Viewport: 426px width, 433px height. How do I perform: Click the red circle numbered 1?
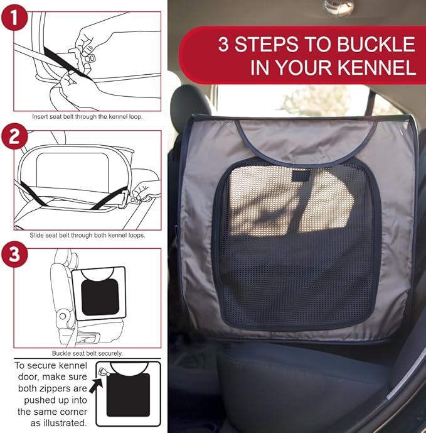[14, 17]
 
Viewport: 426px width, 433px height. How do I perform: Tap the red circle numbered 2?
[14, 136]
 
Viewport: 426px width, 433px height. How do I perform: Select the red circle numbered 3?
[14, 255]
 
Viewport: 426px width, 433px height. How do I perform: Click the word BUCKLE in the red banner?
[376, 45]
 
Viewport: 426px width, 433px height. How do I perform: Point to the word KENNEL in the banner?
[376, 68]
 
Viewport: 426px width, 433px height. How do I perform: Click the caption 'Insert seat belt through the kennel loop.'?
[87, 116]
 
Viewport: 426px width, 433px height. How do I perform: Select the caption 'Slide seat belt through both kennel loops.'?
[87, 235]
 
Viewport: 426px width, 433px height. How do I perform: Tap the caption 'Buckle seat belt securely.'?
[87, 353]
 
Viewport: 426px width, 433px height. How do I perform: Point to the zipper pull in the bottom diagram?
[103, 371]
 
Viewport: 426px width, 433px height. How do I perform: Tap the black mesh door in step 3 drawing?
[100, 297]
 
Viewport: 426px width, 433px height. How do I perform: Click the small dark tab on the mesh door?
[301, 176]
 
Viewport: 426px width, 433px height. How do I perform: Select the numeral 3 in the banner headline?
[223, 45]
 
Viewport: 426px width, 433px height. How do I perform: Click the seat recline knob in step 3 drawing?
[63, 316]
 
